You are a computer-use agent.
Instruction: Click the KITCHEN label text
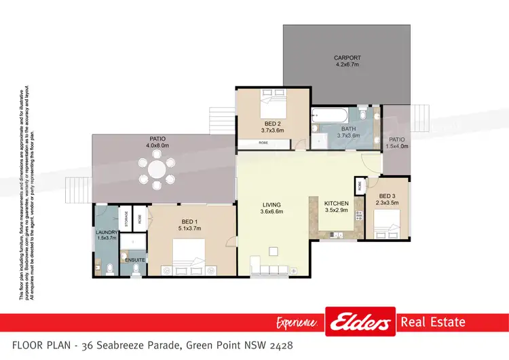click(336, 203)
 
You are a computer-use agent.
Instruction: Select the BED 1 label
click(190, 221)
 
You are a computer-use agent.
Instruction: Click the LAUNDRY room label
click(107, 232)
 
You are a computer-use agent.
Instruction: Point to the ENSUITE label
click(134, 259)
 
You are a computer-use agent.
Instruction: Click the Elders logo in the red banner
click(360, 323)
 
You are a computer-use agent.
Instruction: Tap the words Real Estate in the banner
click(432, 322)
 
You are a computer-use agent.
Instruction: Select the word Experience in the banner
click(297, 323)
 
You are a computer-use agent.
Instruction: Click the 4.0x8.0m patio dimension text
click(156, 145)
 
